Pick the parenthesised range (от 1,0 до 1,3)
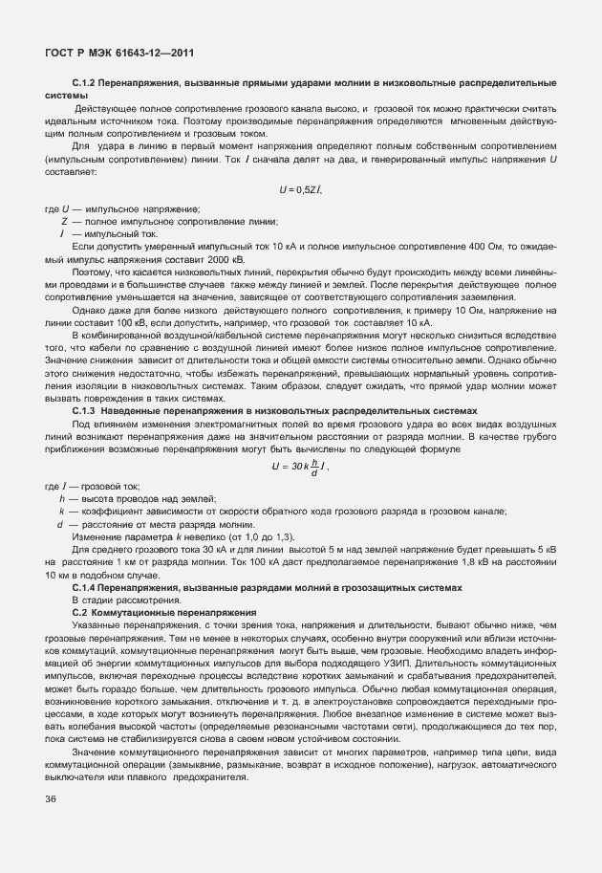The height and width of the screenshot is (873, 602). (x=269, y=537)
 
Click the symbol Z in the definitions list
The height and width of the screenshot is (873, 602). (x=64, y=221)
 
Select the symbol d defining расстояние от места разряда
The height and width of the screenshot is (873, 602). (x=61, y=524)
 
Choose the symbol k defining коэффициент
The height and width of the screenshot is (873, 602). (x=62, y=512)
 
